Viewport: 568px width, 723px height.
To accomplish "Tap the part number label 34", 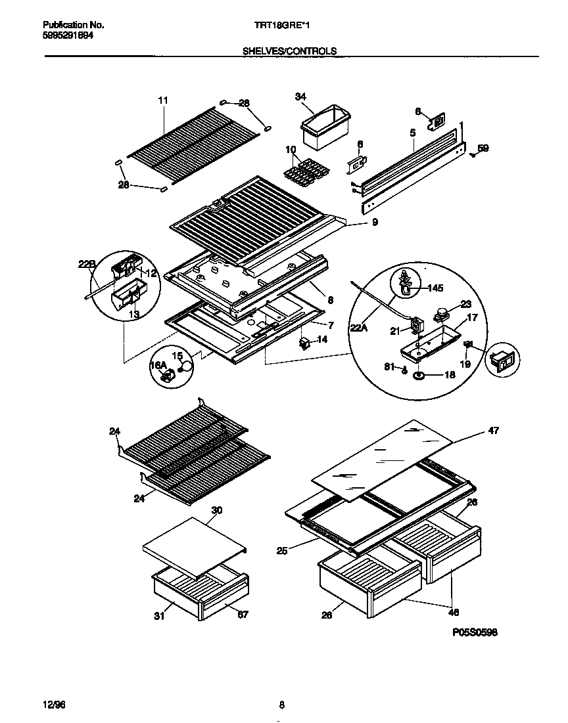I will click(x=301, y=97).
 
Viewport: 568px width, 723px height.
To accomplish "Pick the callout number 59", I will click(x=483, y=149).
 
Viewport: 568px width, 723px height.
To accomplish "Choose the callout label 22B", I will click(x=87, y=264).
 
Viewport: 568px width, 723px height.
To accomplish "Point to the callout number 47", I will click(x=493, y=431).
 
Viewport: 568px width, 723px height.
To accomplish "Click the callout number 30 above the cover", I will click(x=217, y=510).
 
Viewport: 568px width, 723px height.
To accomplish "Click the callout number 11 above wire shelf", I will click(x=163, y=100).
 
